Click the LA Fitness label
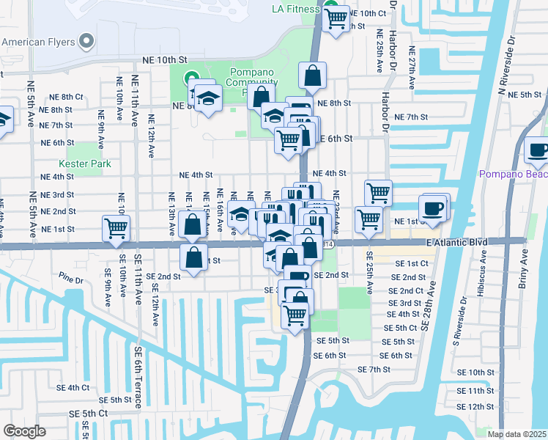tap(295, 9)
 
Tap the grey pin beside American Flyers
tap(88, 41)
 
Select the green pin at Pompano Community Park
tap(191, 76)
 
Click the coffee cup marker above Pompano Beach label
tap(537, 150)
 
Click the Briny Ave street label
tap(523, 271)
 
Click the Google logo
tap(24, 431)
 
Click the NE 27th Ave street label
tap(412, 67)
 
